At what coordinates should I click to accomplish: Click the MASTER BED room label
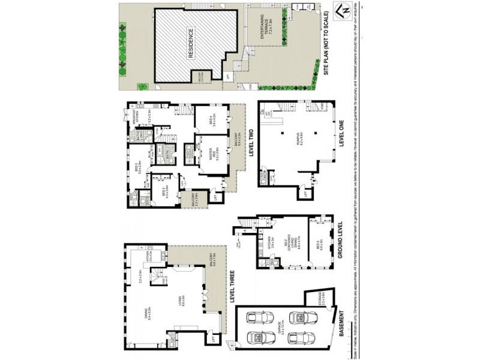click(x=209, y=153)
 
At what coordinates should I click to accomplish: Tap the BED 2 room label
click(x=166, y=190)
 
